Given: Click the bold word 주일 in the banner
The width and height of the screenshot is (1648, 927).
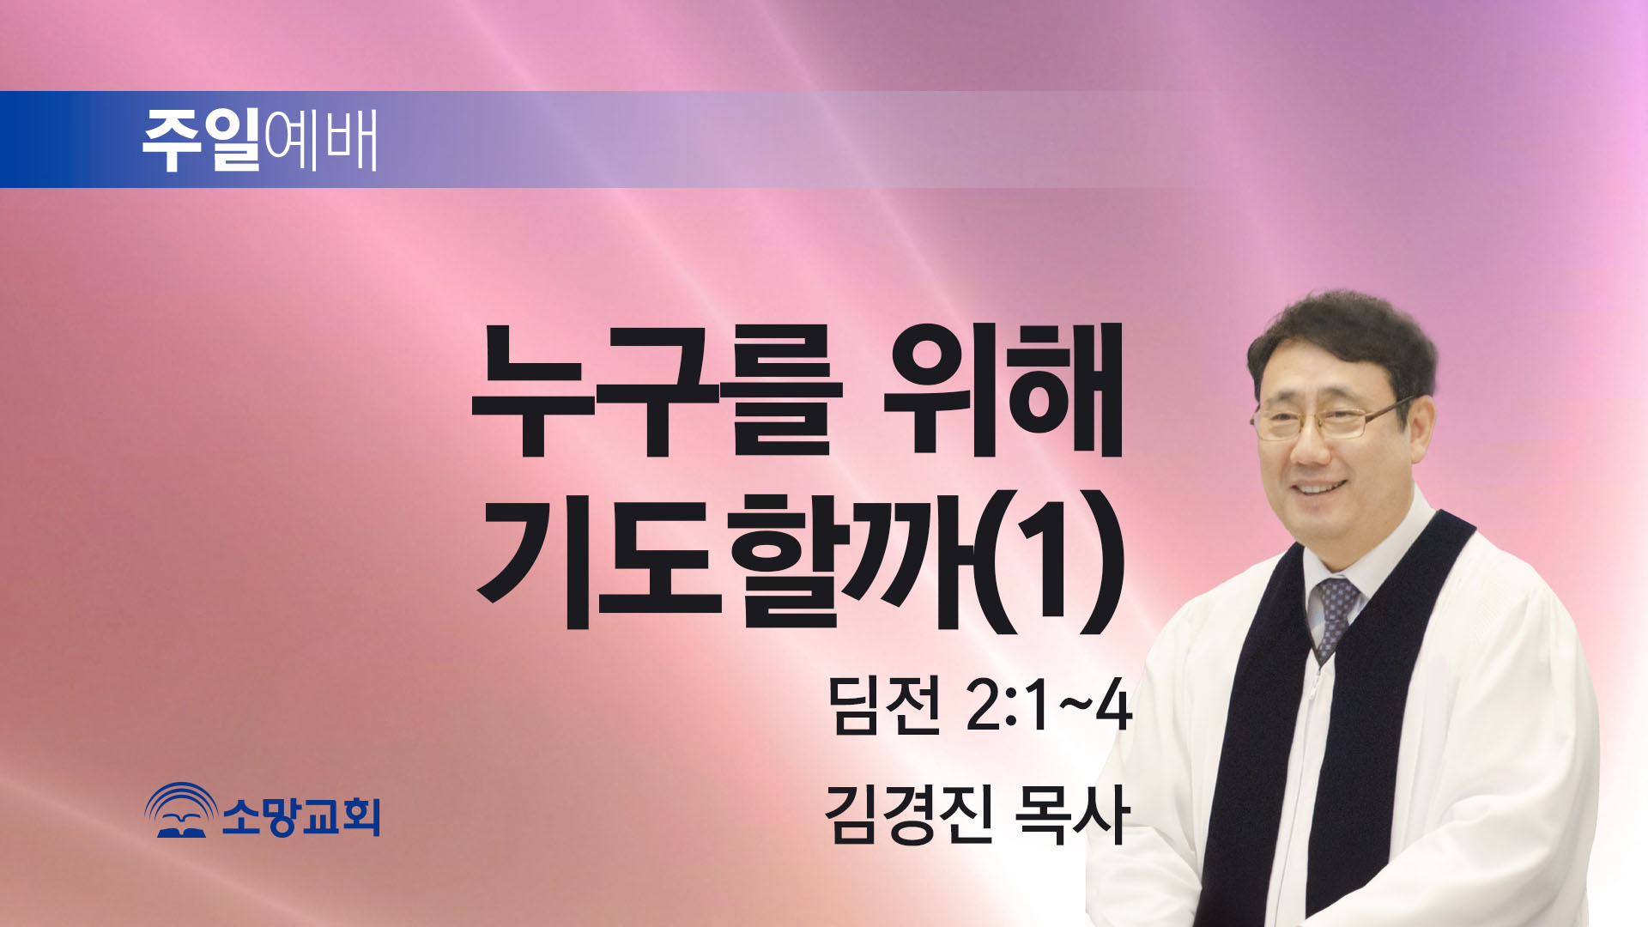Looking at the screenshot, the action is pos(201,139).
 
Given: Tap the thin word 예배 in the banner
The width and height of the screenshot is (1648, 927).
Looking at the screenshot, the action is pos(321,139).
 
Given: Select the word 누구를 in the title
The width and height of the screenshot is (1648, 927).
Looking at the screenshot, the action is pos(657,391).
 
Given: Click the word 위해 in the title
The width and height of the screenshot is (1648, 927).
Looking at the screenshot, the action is pos(1003,391).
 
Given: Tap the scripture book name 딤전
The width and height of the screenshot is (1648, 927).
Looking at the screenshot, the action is pos(883,705).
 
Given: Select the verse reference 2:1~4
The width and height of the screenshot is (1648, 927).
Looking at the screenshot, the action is pos(1049,706).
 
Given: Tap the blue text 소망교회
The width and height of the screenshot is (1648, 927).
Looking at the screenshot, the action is pos(301,815).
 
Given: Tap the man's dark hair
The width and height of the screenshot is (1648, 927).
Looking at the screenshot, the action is pos(1344,343).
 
